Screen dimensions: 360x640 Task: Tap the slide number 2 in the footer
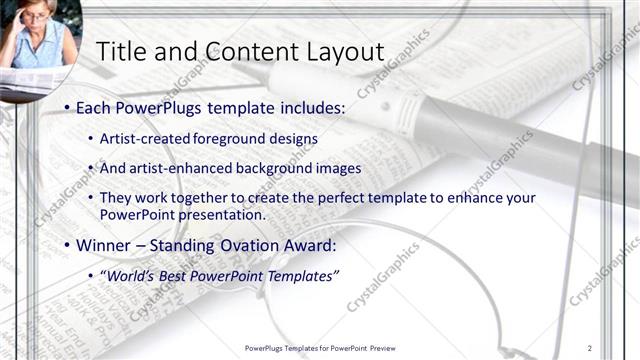pyautogui.click(x=590, y=347)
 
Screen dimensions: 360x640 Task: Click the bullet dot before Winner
pyautogui.click(x=66, y=245)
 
